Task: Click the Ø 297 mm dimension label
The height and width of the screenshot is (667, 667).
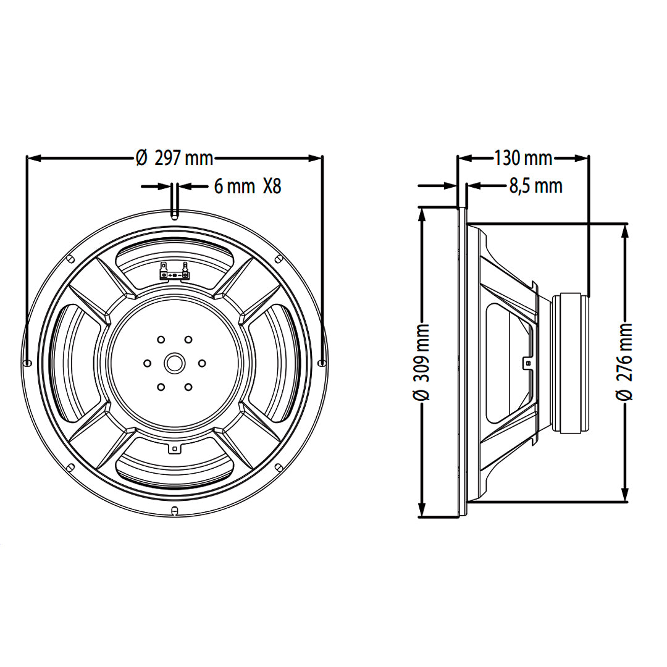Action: [x=174, y=159]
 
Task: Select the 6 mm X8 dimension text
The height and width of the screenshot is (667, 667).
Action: [x=248, y=186]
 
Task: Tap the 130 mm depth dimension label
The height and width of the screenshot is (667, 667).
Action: [x=522, y=159]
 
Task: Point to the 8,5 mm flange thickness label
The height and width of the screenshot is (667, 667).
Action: [x=535, y=186]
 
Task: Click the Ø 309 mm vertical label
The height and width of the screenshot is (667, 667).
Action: [x=422, y=361]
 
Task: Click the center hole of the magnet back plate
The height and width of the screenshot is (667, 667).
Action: [x=174, y=363]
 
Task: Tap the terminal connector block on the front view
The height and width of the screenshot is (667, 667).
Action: [x=174, y=272]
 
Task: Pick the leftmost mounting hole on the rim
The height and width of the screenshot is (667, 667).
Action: [x=27, y=363]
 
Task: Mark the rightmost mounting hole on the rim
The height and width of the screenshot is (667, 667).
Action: [x=322, y=363]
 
